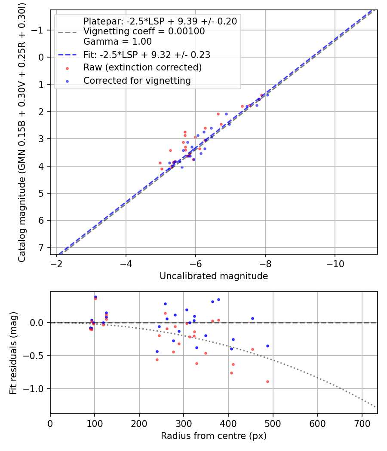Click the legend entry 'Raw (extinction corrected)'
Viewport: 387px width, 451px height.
[142, 67]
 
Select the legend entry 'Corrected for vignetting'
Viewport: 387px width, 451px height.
[136, 80]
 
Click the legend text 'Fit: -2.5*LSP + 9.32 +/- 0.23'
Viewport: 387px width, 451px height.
[147, 55]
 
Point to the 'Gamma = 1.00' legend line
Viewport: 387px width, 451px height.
[117, 42]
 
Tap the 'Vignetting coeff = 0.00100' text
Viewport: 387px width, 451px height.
[144, 31]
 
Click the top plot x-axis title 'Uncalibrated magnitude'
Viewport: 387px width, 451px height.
[214, 276]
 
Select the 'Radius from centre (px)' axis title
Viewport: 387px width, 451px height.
[214, 436]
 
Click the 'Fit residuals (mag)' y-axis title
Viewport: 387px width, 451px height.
[13, 353]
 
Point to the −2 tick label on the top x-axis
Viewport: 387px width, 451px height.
[56, 263]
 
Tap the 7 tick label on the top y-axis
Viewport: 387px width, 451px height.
[42, 248]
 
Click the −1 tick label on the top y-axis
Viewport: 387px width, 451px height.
[39, 30]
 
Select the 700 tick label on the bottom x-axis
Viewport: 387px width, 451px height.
[362, 423]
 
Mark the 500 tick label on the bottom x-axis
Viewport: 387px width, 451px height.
[273, 423]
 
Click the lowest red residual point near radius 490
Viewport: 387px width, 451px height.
[267, 381]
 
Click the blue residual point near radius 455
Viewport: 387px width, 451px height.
[252, 318]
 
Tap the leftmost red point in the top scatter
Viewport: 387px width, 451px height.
[160, 163]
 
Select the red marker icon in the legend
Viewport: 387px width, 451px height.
[67, 68]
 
